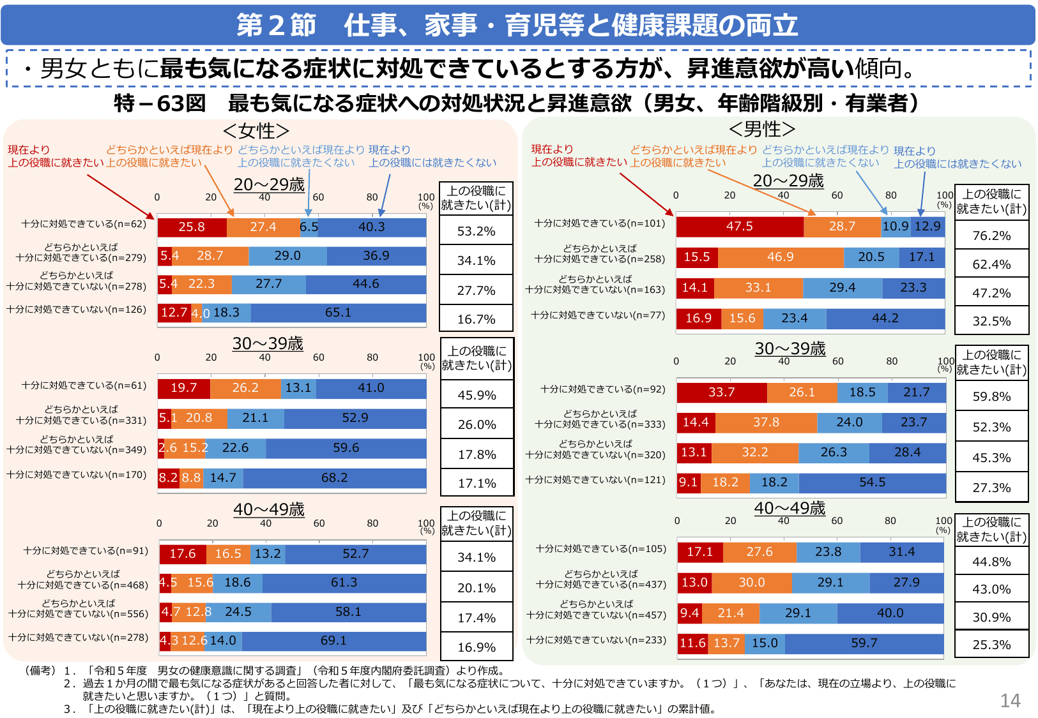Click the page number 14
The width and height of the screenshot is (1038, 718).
tap(1010, 701)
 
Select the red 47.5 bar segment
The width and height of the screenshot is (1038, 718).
tap(739, 227)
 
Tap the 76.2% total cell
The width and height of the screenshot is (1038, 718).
tap(991, 236)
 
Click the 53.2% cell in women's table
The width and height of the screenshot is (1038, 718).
tap(476, 231)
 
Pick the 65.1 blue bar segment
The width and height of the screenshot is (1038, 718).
tap(338, 313)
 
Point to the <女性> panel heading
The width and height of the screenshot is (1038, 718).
tap(256, 131)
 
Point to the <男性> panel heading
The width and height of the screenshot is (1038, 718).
tap(761, 130)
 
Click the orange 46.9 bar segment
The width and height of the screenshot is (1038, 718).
tap(780, 257)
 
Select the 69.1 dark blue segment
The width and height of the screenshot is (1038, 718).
tap(333, 641)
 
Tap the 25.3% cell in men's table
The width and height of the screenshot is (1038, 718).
tap(991, 645)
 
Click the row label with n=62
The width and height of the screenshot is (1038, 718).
tap(84, 224)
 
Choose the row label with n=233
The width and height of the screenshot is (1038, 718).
tap(596, 640)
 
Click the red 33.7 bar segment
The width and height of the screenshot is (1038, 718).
tap(721, 393)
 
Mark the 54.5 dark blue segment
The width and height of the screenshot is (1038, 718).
tap(872, 482)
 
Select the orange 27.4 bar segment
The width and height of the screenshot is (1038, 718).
tap(263, 227)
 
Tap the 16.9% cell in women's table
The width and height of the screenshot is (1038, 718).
tap(476, 647)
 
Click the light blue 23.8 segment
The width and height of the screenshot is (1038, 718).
tap(828, 552)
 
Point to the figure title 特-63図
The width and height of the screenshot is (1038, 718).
tap(160, 103)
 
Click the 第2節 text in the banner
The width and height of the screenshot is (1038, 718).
tap(276, 26)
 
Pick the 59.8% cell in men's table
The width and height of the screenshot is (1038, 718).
tap(991, 396)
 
